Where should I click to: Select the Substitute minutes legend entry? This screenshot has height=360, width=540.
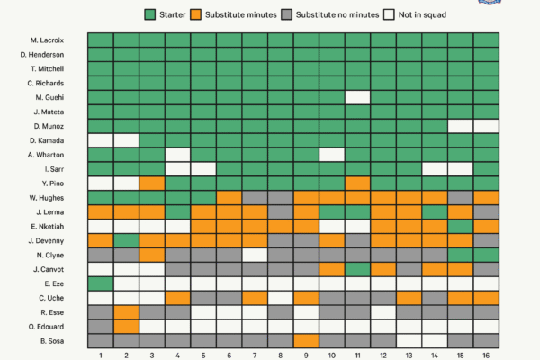pyautogui.click(x=235, y=14)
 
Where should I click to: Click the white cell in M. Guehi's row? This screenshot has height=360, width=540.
pyautogui.click(x=358, y=97)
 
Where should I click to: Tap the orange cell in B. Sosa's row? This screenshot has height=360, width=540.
pyautogui.click(x=306, y=340)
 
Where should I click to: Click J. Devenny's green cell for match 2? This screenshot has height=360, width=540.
pyautogui.click(x=126, y=240)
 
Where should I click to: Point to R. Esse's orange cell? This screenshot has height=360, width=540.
pyautogui.click(x=126, y=312)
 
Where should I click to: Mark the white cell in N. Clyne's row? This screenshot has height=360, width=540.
pyautogui.click(x=255, y=255)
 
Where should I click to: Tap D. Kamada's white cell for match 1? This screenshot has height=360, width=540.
pyautogui.click(x=100, y=140)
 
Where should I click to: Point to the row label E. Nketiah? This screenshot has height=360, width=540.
pyautogui.click(x=45, y=226)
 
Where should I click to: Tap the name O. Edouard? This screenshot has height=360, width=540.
pyautogui.click(x=45, y=326)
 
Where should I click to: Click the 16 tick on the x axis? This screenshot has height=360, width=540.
pyautogui.click(x=487, y=354)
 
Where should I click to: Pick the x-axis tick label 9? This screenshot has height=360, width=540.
pyautogui.click(x=306, y=354)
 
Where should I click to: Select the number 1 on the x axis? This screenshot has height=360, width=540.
pyautogui.click(x=100, y=354)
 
